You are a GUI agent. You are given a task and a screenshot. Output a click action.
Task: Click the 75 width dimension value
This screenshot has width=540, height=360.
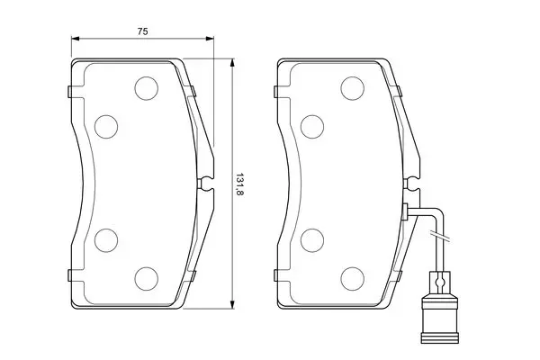(x=142, y=31)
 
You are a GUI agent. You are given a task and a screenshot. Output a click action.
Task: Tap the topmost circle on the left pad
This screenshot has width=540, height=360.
(x=147, y=88)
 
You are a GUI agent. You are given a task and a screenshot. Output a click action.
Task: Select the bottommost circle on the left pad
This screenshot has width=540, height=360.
(x=147, y=278)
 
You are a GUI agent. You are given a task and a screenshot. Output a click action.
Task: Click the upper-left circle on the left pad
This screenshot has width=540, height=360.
(x=106, y=127)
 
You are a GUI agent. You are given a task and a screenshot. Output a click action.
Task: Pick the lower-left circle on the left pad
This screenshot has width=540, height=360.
(x=106, y=240)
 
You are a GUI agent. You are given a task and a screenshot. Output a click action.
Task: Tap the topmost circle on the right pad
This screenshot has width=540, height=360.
(x=352, y=88)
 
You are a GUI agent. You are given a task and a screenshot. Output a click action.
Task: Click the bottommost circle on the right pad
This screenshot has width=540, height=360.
(x=352, y=278)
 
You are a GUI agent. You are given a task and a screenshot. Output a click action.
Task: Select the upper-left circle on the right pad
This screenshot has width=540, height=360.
(x=312, y=127)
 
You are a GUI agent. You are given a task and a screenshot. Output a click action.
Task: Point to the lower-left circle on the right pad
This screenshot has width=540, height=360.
(x=312, y=240)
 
